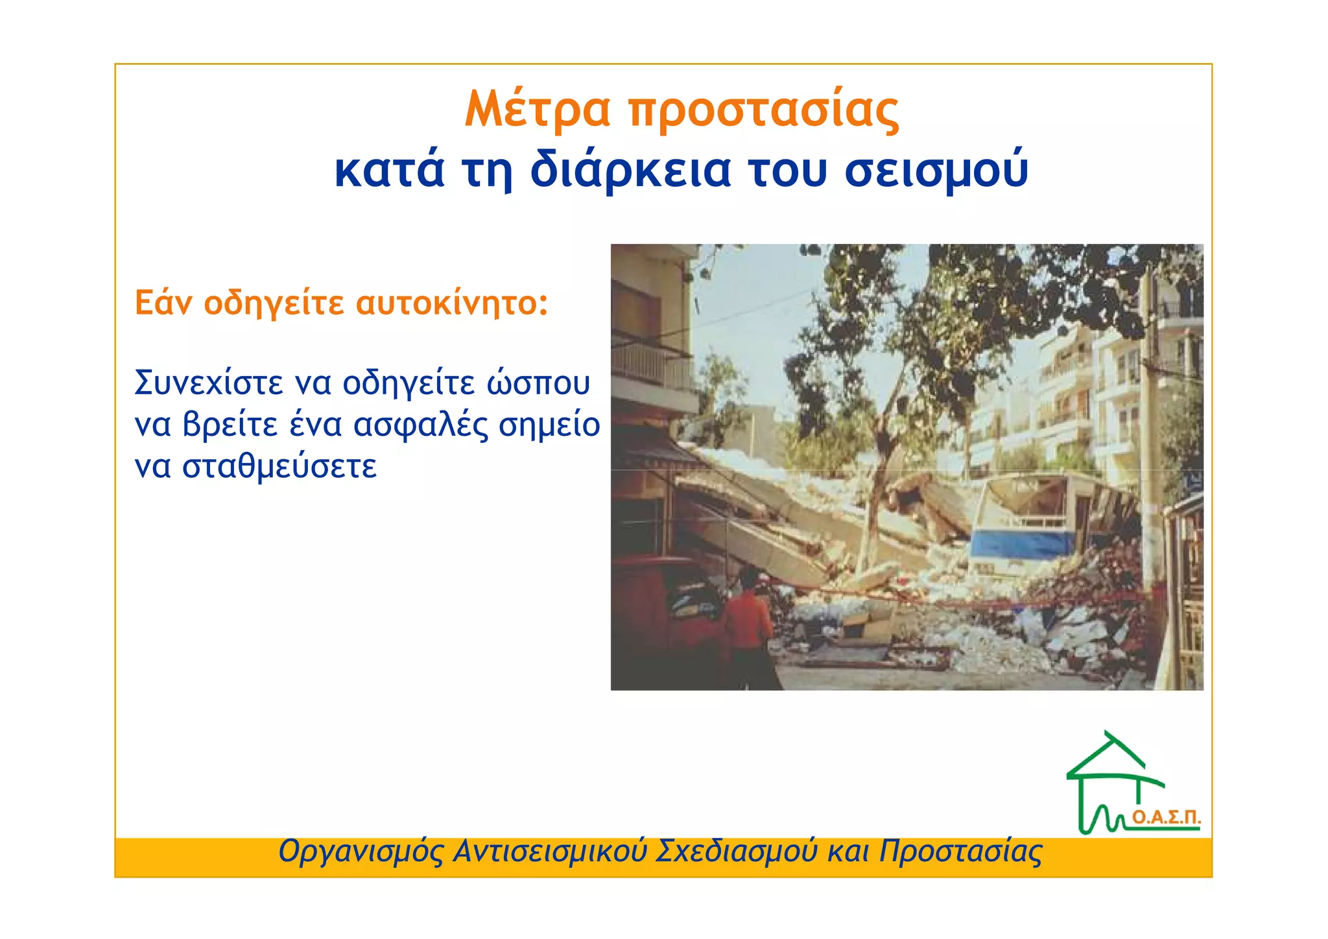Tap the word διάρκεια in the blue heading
pos(630,170)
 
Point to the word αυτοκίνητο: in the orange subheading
pos(452,303)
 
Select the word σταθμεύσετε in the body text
pos(279,467)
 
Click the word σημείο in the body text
pos(549,425)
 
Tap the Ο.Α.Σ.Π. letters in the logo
pos(1166,818)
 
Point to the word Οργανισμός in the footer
pos(361,851)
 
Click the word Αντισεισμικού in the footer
pos(550,851)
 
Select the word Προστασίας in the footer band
pos(960,851)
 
